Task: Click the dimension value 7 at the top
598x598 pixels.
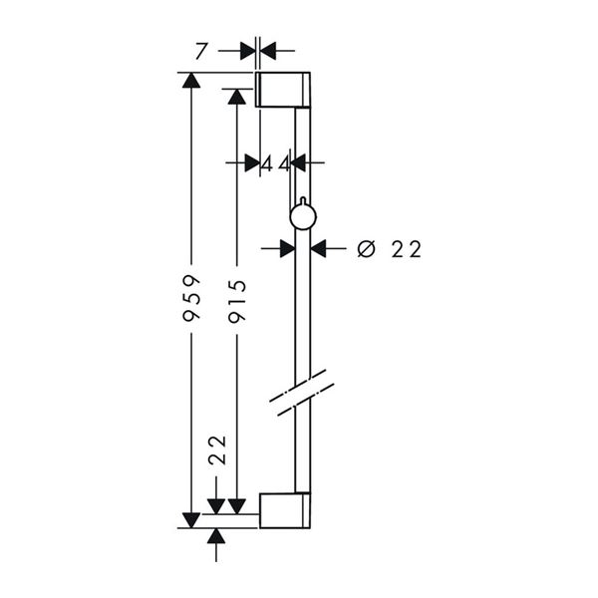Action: pyautogui.click(x=203, y=51)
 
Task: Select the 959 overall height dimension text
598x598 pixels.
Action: pyautogui.click(x=192, y=297)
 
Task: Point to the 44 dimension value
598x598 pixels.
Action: pyautogui.click(x=276, y=162)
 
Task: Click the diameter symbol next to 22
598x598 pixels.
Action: pyautogui.click(x=365, y=249)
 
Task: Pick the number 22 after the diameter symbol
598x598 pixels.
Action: pyautogui.click(x=407, y=249)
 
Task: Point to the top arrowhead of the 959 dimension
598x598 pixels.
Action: pyautogui.click(x=191, y=82)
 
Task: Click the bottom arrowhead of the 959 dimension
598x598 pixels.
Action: pyautogui.click(x=191, y=518)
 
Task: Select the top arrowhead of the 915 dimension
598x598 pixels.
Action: pyautogui.click(x=236, y=97)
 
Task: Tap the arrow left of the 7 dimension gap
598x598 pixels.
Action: pyautogui.click(x=247, y=50)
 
